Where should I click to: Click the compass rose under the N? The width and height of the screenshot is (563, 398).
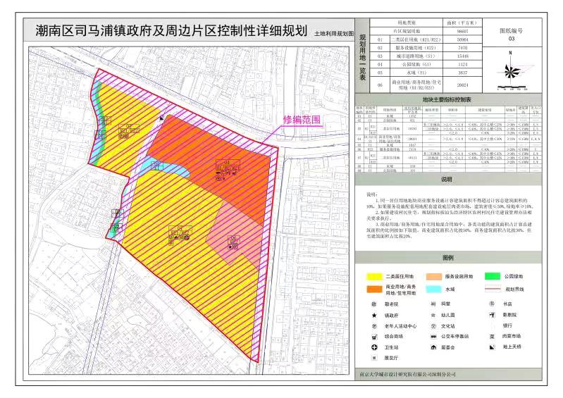point(512,71)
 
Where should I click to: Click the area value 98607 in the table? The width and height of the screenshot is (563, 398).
point(462,32)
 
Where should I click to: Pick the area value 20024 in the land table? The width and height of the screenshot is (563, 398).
point(462,83)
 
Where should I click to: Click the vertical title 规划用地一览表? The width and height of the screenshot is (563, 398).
point(363,56)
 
